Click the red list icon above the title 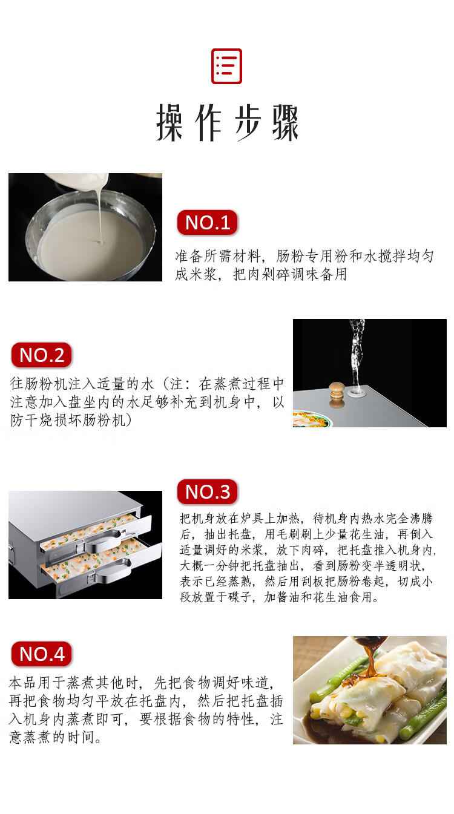pos(226,66)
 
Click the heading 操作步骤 pos(227,122)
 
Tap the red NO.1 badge pos(207,222)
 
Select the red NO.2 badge pos(41,355)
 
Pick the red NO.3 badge pos(207,491)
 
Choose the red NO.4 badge pos(41,654)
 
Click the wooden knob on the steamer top pos(337,393)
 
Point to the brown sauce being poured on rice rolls pos(369,658)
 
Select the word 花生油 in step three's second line pos(367,534)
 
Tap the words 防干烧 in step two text pos(31,420)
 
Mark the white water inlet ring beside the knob pos(356,392)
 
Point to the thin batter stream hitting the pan pos(100,218)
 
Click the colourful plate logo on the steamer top pos(312,419)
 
